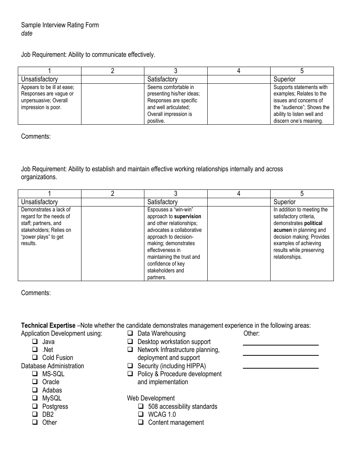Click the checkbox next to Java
coord(35,342)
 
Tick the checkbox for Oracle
coord(35,382)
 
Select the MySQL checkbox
coord(35,398)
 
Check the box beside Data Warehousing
coord(130,333)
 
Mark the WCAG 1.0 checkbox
coord(141,414)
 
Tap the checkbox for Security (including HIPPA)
coord(130,366)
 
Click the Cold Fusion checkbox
coord(35,358)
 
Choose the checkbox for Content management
coord(141,422)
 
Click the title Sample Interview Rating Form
coord(60,25)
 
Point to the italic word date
coord(27,33)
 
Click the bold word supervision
coord(188,217)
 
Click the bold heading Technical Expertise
coord(48,325)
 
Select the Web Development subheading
coord(151,398)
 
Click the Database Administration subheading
coord(53,366)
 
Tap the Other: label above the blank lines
coord(251,333)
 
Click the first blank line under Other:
coord(280,345)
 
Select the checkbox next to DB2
coord(35,414)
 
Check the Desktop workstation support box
coord(130,342)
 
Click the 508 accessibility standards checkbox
coord(141,407)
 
